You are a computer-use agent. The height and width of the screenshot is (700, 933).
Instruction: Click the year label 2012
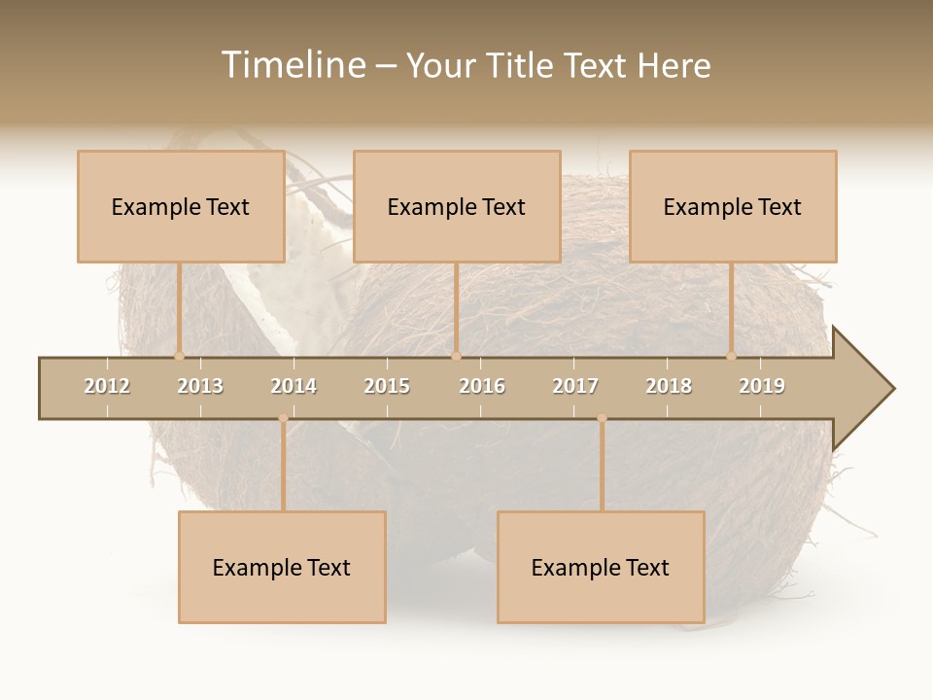(x=107, y=386)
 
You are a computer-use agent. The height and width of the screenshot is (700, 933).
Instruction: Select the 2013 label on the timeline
(x=200, y=386)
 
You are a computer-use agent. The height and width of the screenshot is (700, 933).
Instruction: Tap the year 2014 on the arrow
(x=294, y=386)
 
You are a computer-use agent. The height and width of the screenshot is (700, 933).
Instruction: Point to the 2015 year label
(x=387, y=386)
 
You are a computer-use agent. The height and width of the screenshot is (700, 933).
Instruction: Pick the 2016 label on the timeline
(x=482, y=386)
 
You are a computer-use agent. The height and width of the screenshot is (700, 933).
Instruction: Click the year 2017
(x=575, y=386)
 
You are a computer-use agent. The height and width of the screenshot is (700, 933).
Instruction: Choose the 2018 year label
(x=669, y=386)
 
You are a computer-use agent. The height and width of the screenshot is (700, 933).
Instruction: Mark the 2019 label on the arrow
(x=762, y=386)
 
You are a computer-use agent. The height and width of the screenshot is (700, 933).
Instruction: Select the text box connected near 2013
(x=181, y=206)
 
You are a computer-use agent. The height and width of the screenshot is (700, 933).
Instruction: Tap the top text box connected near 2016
(x=457, y=206)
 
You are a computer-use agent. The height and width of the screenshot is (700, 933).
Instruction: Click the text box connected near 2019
(x=733, y=206)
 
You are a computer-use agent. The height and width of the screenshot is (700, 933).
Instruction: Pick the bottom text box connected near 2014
(x=282, y=567)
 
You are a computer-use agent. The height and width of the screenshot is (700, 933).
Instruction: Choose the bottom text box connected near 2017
(x=601, y=567)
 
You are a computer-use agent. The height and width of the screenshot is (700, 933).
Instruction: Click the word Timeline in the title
(x=292, y=65)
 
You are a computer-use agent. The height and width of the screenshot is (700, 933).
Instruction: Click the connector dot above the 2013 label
(x=179, y=357)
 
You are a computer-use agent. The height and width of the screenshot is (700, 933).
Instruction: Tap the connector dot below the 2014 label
(x=283, y=418)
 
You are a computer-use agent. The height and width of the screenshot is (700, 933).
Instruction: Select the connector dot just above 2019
(x=732, y=357)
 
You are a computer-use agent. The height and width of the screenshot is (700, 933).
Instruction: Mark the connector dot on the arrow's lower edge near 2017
(x=602, y=418)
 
